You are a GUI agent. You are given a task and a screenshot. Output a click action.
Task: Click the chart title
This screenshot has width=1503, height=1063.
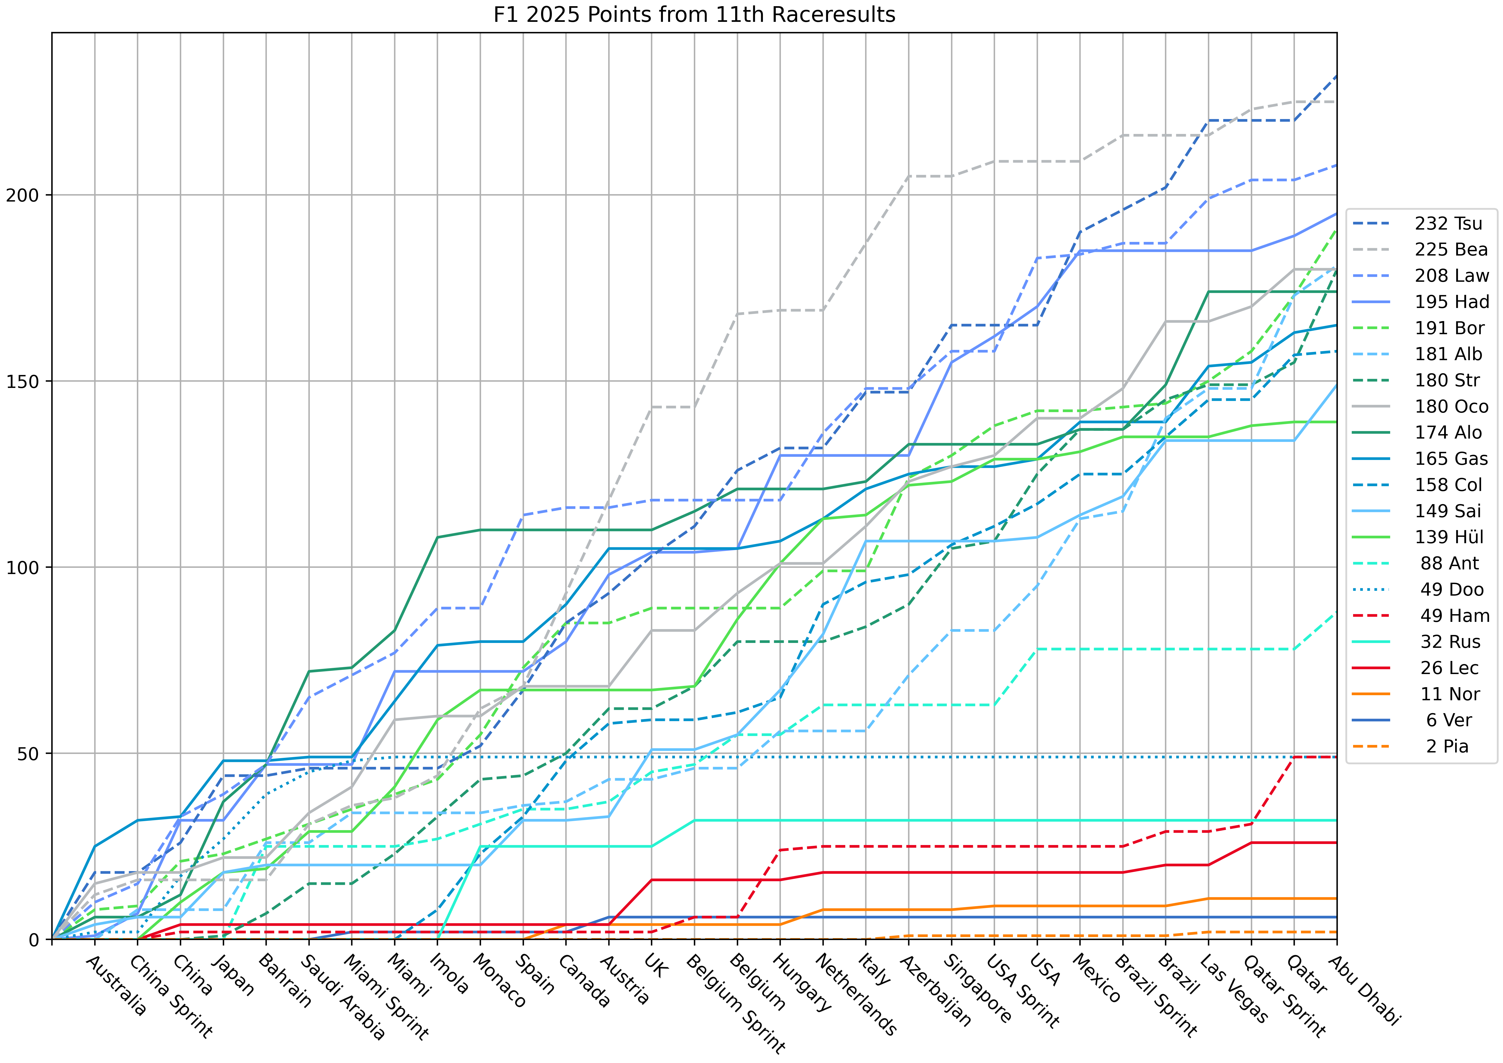point(694,14)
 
